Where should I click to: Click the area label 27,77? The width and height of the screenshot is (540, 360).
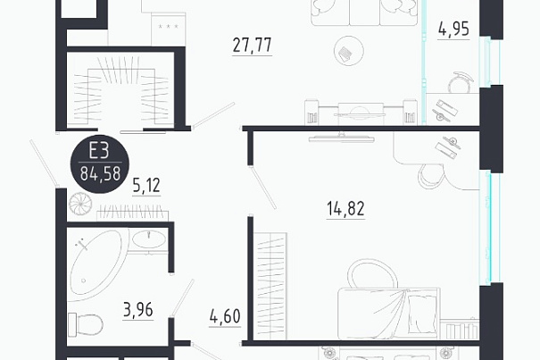[x=252, y=46]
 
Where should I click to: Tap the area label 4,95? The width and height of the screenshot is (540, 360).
[x=453, y=29]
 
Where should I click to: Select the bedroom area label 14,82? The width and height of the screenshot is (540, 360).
[x=345, y=209]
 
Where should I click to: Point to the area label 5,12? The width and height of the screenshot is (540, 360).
[x=146, y=186]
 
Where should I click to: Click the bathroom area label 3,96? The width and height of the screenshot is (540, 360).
[x=138, y=310]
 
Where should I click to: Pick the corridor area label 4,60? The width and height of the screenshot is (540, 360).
[x=225, y=316]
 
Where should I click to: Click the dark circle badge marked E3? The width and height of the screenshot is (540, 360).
[x=100, y=163]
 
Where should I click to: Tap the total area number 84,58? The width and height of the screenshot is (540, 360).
[x=100, y=173]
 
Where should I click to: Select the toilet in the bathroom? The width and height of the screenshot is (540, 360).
[x=86, y=324]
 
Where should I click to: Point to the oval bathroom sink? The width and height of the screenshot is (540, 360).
[x=149, y=239]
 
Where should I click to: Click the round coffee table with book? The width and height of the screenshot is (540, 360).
[x=349, y=51]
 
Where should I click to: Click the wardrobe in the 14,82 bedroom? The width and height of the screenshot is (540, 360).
[x=270, y=286]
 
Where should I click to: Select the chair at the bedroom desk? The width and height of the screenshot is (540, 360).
[x=431, y=175]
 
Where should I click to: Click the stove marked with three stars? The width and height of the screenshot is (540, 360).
[x=169, y=29]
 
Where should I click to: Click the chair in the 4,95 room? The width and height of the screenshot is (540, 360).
[x=460, y=83]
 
